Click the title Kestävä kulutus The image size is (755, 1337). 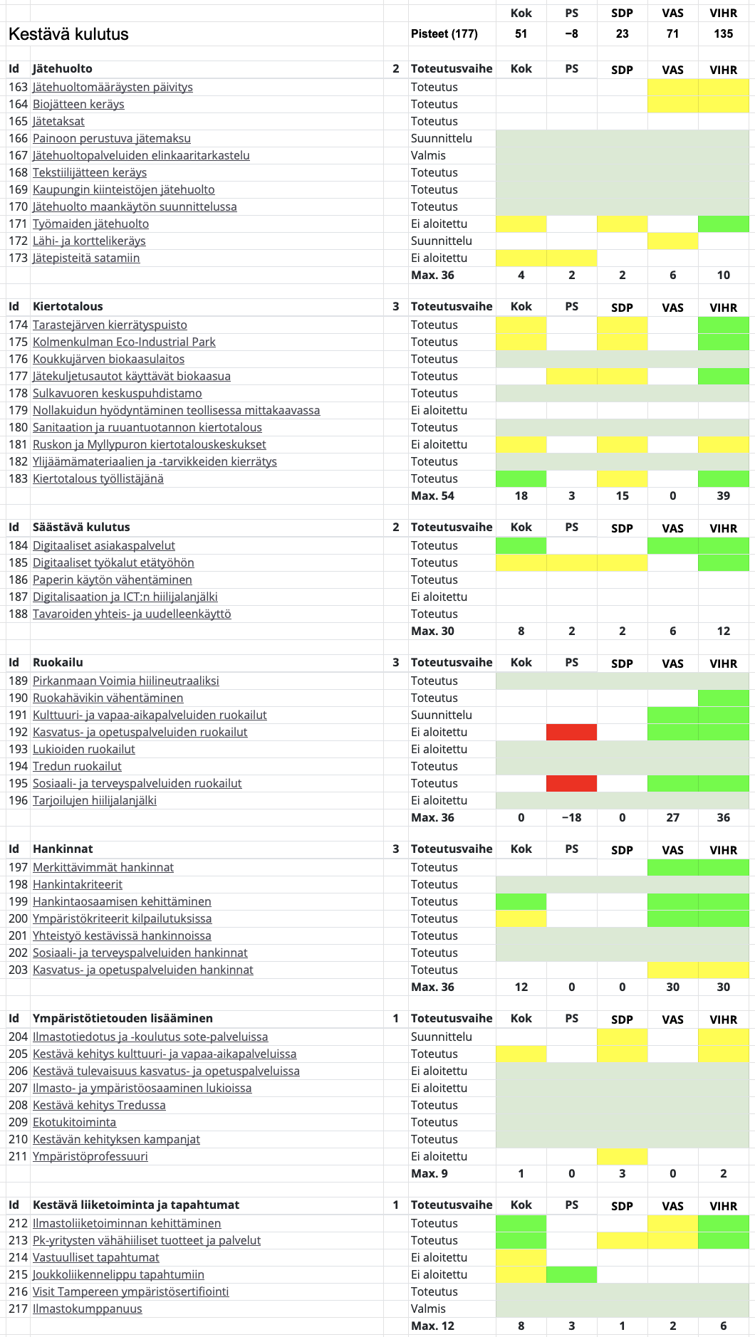coord(68,34)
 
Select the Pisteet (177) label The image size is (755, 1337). coord(444,33)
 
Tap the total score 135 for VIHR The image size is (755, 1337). coord(724,33)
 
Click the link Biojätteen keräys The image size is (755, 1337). coord(78,104)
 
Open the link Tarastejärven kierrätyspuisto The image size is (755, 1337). coord(110,325)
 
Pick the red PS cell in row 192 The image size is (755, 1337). coord(571,732)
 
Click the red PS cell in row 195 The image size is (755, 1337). coord(571,783)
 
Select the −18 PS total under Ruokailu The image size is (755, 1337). coord(571,817)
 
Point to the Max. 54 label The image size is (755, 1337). coord(432,496)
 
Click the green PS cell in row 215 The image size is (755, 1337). coord(571,1274)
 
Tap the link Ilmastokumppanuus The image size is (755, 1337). coord(88,1309)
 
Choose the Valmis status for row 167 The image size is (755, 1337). coord(428,155)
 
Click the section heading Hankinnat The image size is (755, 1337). coord(63,849)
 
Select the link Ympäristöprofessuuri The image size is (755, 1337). coord(90,1156)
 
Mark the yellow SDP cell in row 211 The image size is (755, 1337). coord(622,1156)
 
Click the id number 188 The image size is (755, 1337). coord(18,614)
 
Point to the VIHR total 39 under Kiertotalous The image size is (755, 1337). coord(724,496)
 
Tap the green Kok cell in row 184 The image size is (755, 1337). coord(521,545)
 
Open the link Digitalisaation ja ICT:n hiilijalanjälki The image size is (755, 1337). coord(125,597)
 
